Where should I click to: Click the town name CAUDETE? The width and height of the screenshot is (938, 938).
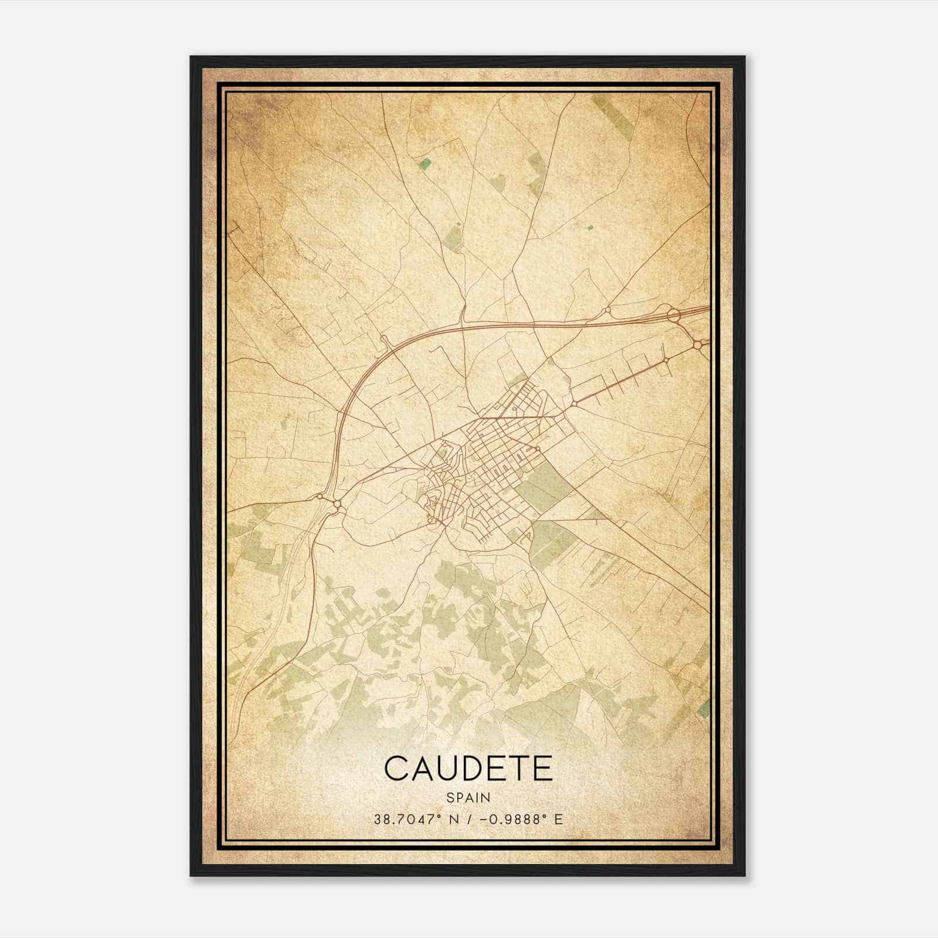(x=468, y=769)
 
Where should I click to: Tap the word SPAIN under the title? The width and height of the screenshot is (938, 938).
(x=468, y=797)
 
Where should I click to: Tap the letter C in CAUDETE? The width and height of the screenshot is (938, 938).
(x=397, y=769)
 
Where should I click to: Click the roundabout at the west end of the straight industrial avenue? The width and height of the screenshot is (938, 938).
(x=573, y=403)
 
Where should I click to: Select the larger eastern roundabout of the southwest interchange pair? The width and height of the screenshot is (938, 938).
(x=337, y=504)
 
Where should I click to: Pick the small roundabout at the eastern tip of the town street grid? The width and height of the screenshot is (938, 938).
(x=538, y=449)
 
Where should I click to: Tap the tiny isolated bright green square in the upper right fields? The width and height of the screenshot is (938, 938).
(x=590, y=227)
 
